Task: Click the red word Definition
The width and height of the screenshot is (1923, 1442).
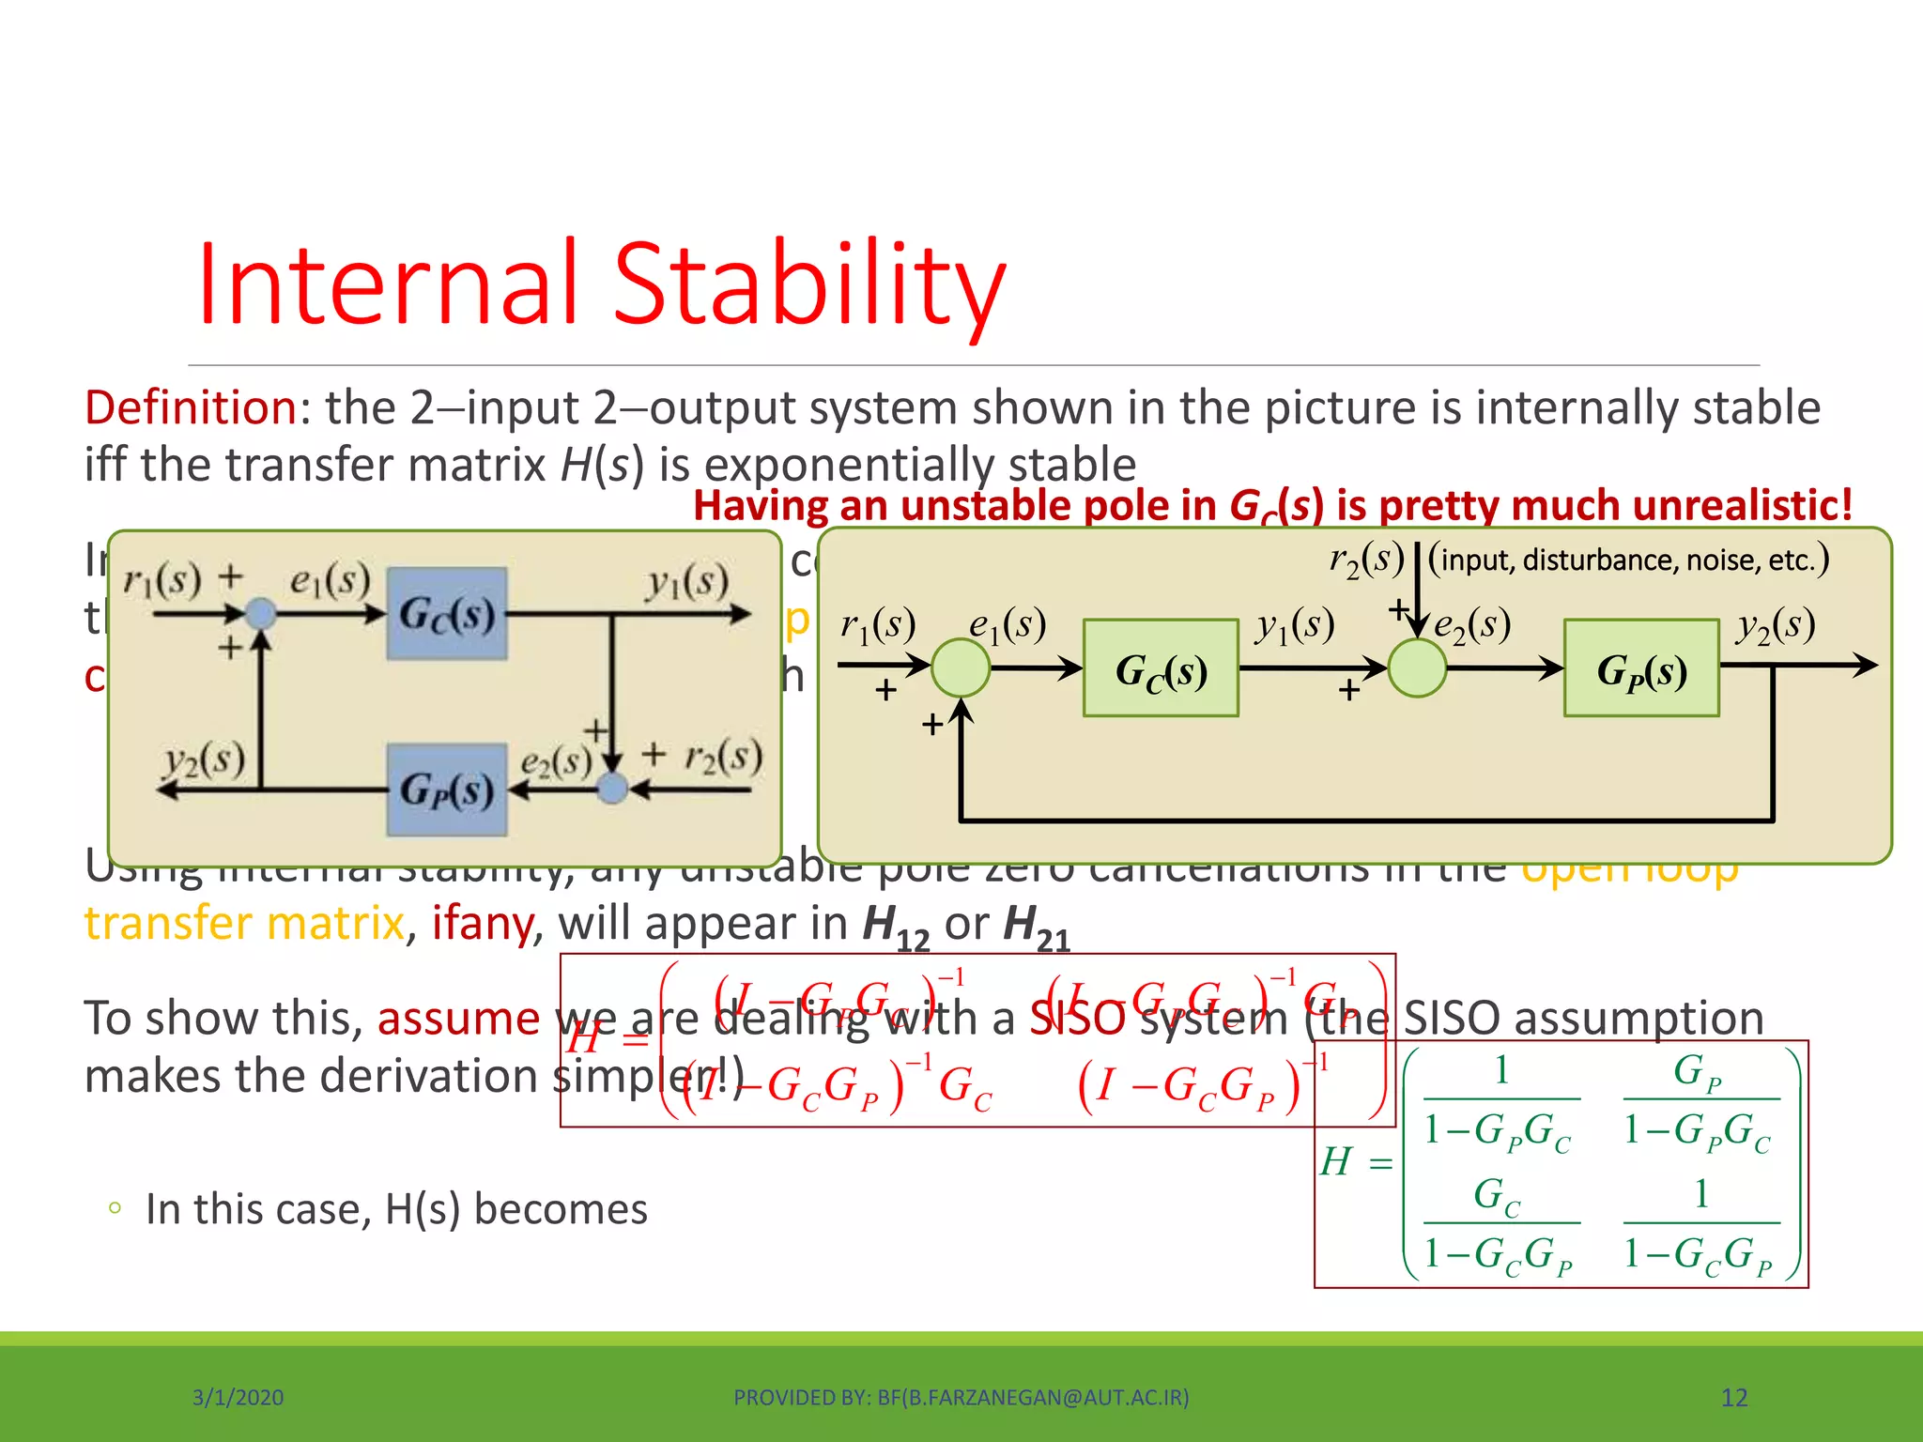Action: coord(192,408)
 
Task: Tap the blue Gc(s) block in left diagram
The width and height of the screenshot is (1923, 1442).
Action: coord(447,613)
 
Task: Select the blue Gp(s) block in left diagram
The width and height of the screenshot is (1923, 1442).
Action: coord(447,790)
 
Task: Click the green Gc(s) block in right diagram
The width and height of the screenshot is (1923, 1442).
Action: coord(1161,668)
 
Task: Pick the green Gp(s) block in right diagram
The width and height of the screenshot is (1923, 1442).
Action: coord(1641,668)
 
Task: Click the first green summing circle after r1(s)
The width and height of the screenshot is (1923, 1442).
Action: coord(961,667)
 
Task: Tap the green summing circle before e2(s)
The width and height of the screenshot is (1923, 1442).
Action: coord(1417,667)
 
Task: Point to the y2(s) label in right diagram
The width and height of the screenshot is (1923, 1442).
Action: coord(1776,625)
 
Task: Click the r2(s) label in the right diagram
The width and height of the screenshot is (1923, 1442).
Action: coord(1366,559)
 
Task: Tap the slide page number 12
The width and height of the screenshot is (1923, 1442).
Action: coord(1733,1398)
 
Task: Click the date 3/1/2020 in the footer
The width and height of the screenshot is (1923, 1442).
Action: coord(238,1398)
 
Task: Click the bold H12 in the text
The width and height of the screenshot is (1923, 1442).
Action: coord(895,926)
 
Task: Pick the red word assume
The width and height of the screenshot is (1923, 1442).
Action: coord(458,1019)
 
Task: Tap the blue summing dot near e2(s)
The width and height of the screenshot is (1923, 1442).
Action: coord(612,789)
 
